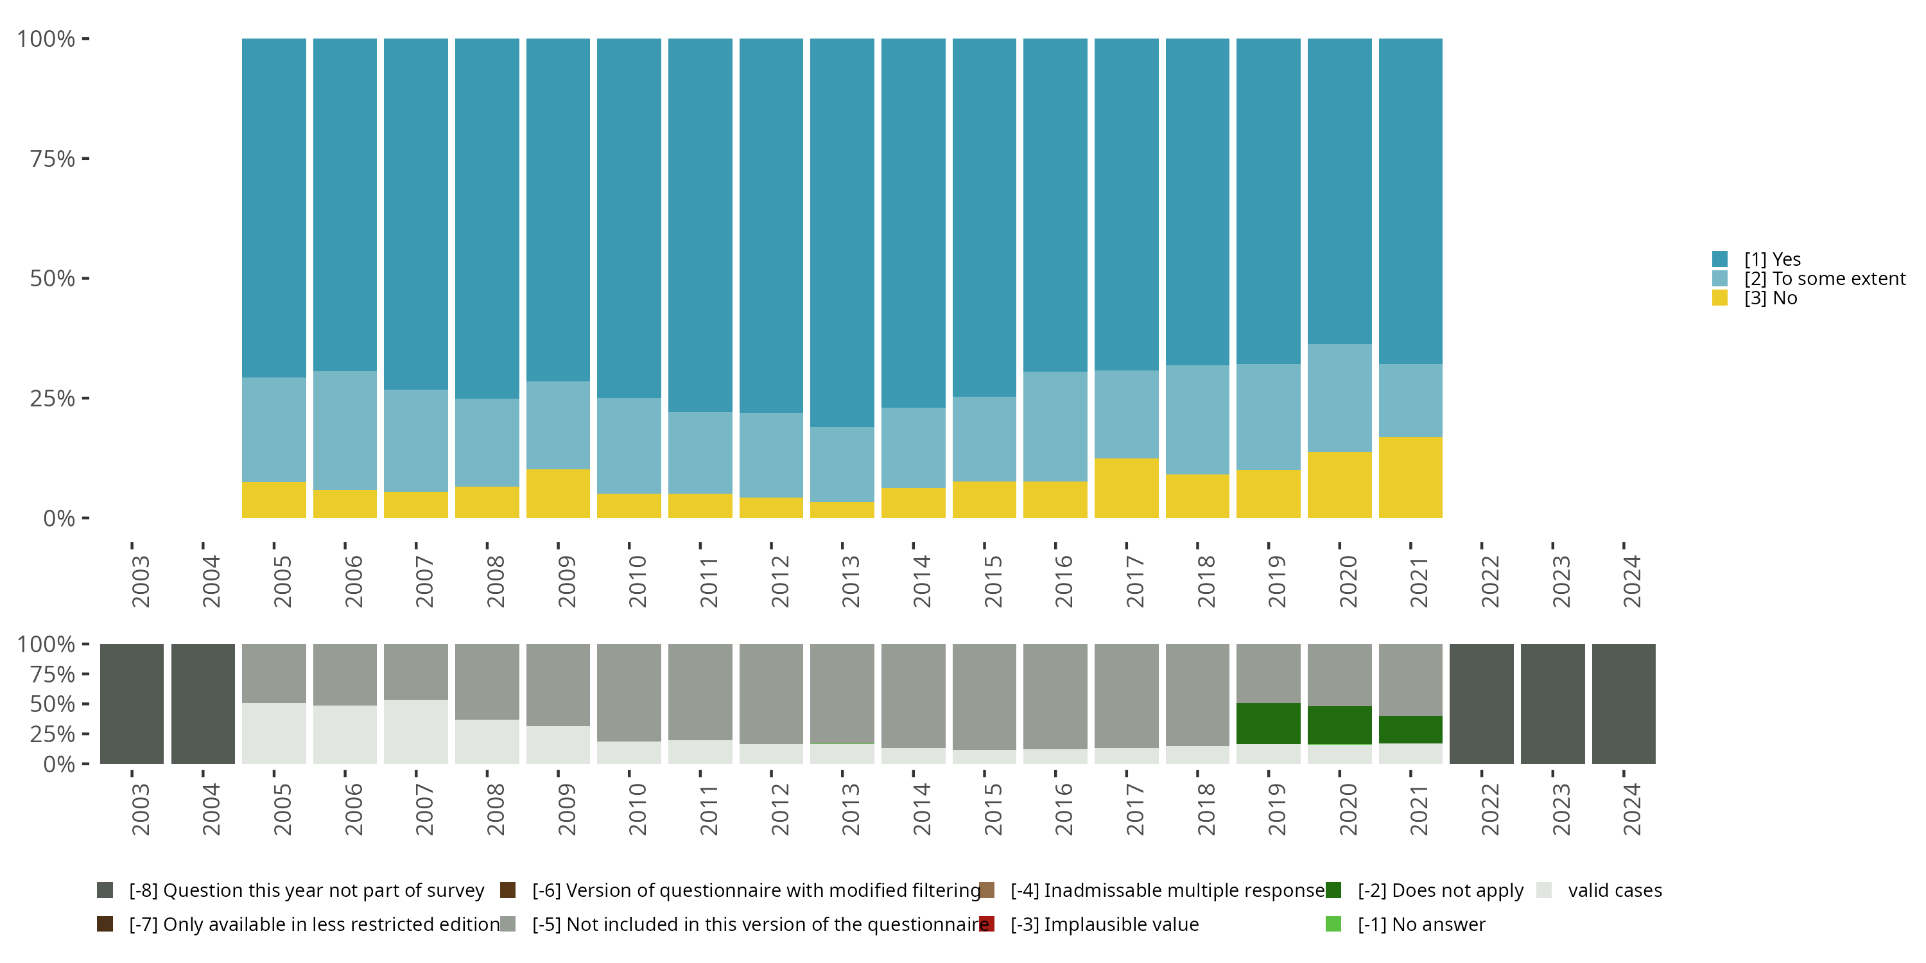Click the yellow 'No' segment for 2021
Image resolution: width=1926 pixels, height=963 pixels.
pos(1410,477)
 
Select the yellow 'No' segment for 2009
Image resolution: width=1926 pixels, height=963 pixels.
pos(558,494)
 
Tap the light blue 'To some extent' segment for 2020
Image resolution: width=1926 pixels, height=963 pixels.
pos(1339,398)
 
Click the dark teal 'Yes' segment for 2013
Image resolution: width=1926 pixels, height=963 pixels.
pos(842,232)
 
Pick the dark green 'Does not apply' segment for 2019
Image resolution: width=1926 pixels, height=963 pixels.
pos(1268,723)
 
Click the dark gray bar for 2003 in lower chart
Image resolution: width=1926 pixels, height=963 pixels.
pos(132,704)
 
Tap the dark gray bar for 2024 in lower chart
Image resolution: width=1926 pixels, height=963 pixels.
pos(1623,704)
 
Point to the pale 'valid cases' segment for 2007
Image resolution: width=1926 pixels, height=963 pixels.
pos(416,731)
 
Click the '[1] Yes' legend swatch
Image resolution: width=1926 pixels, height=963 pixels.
pos(1720,259)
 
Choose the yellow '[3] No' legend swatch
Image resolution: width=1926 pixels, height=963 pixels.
pos(1720,298)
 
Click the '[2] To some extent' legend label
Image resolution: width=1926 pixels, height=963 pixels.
pos(1825,279)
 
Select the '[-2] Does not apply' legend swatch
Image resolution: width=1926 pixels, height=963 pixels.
pos(1333,890)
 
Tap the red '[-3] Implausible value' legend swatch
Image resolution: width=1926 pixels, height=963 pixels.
pos(987,924)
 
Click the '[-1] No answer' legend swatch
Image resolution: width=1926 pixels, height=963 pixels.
pos(1333,924)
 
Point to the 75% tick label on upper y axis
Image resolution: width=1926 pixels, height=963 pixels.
pos(53,159)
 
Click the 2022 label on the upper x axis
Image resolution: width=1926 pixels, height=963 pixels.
pos(1489,581)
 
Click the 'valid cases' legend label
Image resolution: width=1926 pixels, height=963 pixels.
pos(1615,890)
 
